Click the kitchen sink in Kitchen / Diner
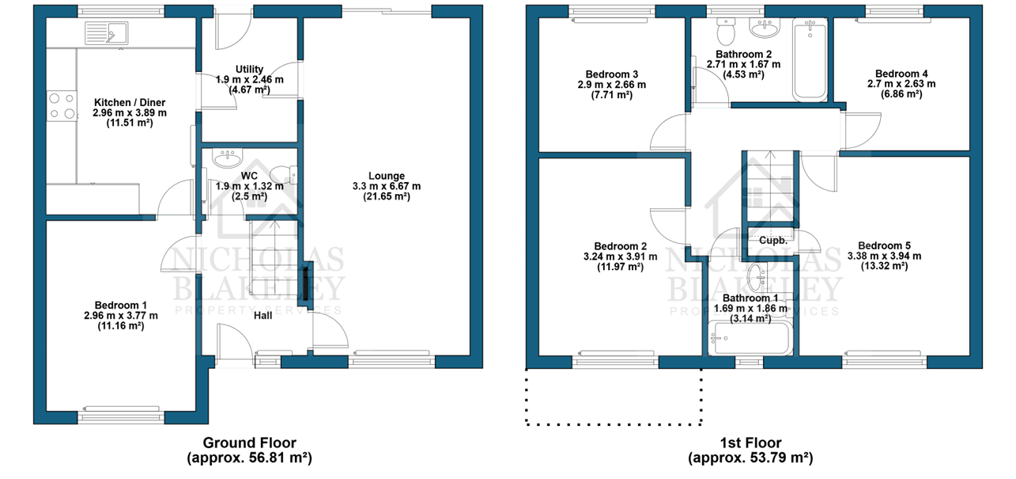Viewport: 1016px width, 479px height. pyautogui.click(x=107, y=33)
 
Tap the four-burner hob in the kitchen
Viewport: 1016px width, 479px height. pyautogui.click(x=62, y=106)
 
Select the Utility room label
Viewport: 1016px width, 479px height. pyautogui.click(x=249, y=69)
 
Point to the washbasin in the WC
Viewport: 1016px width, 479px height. pyautogui.click(x=229, y=158)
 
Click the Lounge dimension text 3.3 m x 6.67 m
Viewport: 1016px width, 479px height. pyautogui.click(x=387, y=186)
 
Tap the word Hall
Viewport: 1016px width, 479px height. pyautogui.click(x=263, y=316)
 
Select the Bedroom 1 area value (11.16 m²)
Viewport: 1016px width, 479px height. pyautogui.click(x=121, y=326)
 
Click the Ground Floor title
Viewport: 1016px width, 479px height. pyautogui.click(x=250, y=443)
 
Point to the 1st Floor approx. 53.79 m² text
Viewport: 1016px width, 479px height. pyautogui.click(x=750, y=458)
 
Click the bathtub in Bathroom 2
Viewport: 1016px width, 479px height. pyautogui.click(x=810, y=59)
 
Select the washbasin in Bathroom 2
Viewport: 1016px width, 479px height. pyautogui.click(x=765, y=27)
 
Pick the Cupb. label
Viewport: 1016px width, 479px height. pyautogui.click(x=773, y=241)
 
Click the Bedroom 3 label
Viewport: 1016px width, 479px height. pyautogui.click(x=611, y=74)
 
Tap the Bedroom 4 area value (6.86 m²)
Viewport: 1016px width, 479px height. pyautogui.click(x=901, y=94)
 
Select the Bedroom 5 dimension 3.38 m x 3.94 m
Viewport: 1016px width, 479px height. pyautogui.click(x=884, y=256)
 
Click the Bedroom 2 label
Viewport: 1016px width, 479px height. pyautogui.click(x=620, y=246)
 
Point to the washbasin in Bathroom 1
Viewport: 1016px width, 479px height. pyautogui.click(x=757, y=277)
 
